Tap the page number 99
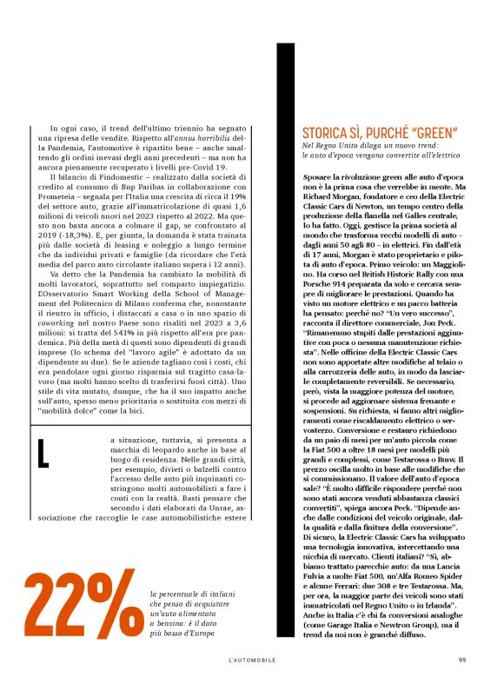coord(462,659)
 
